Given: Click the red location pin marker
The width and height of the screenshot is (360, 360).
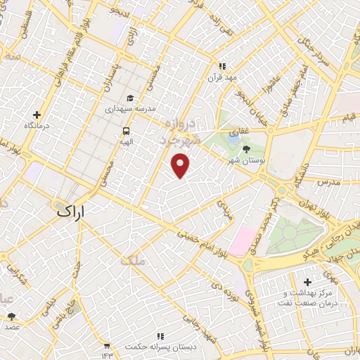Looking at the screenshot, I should pyautogui.click(x=181, y=165).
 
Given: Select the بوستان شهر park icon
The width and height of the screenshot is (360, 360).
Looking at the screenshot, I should pyautogui.click(x=246, y=149).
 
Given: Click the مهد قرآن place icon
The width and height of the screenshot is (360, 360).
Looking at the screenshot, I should pyautogui.click(x=223, y=66).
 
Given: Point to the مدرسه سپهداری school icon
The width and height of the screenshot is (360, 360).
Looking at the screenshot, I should pyautogui.click(x=129, y=98).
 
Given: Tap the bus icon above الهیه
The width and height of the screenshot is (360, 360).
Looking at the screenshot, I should pyautogui.click(x=126, y=130).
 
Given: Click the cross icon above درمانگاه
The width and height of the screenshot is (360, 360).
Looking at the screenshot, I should pyautogui.click(x=37, y=115).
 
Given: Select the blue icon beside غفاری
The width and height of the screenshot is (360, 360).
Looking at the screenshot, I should pyautogui.click(x=233, y=131).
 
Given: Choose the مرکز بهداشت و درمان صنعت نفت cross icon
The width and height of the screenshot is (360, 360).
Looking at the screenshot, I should pyautogui.click(x=307, y=282).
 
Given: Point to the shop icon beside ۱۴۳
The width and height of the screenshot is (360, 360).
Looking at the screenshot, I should pyautogui.click(x=106, y=346).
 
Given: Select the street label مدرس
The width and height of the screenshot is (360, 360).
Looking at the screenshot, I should pyautogui.click(x=328, y=182).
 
